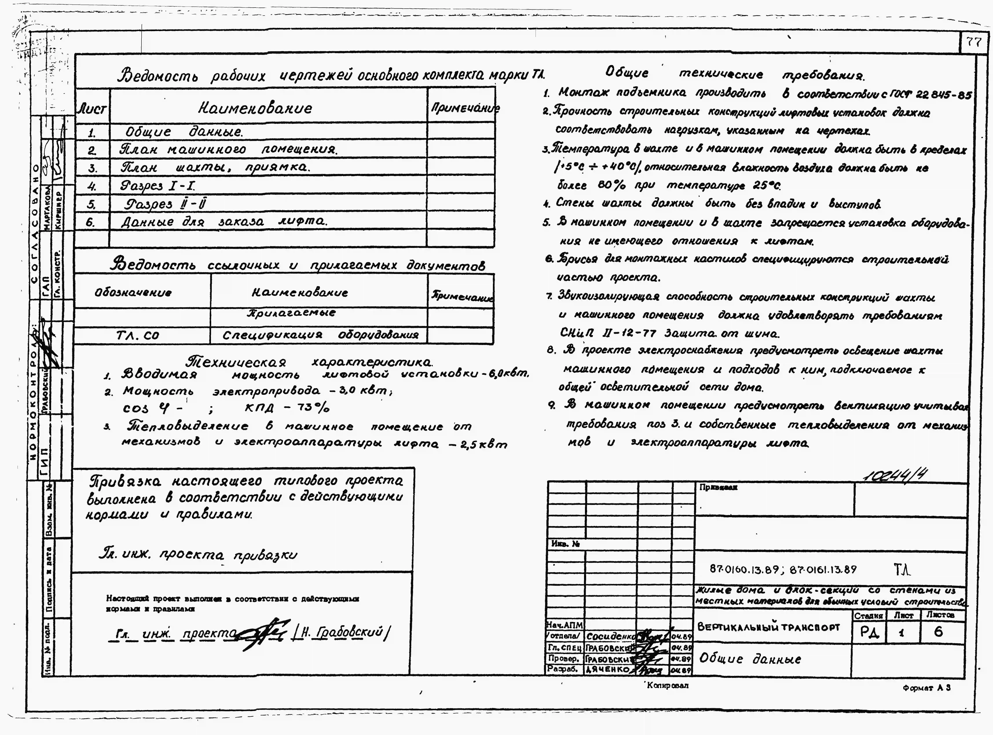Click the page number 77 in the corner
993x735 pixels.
click(x=974, y=42)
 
